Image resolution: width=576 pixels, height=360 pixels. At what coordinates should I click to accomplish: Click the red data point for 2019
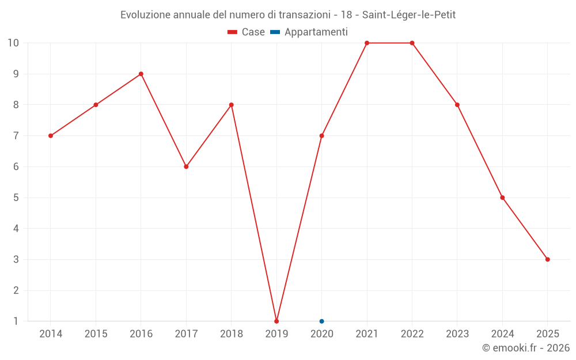(276, 321)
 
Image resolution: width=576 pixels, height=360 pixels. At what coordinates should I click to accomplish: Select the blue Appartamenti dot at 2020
(321, 321)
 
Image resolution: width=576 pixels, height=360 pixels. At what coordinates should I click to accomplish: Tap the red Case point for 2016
(141, 74)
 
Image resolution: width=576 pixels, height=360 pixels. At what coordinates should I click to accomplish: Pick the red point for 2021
(367, 43)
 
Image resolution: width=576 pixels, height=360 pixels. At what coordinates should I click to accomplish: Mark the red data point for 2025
(547, 259)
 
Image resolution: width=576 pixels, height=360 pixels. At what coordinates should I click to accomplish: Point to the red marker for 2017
(186, 166)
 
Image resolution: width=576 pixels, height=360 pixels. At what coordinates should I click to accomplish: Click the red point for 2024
(502, 198)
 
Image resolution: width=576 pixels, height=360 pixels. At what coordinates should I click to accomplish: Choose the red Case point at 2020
(321, 136)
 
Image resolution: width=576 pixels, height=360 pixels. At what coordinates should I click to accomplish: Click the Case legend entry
(247, 32)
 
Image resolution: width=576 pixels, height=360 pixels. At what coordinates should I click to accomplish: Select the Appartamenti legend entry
(309, 32)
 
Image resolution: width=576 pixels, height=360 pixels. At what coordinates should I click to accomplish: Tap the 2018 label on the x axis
(231, 334)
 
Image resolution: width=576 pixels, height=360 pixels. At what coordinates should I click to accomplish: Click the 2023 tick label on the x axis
(457, 334)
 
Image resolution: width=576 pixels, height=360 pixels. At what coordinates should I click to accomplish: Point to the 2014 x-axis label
(51, 334)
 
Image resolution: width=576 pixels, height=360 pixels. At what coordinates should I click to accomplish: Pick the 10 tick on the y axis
(13, 43)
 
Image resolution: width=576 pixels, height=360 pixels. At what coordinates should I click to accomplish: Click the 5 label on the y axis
(16, 198)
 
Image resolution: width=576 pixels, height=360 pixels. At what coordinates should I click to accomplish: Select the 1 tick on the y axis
(16, 321)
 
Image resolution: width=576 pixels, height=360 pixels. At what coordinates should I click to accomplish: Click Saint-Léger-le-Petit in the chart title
(409, 15)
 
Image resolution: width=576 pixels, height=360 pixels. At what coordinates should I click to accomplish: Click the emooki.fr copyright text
(526, 348)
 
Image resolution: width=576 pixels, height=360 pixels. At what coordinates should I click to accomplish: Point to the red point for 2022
(412, 43)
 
